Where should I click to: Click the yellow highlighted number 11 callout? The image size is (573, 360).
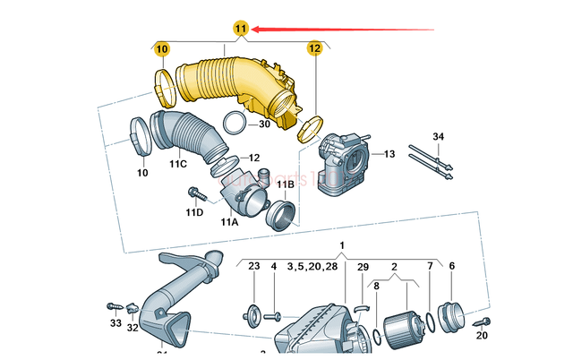tap(240, 29)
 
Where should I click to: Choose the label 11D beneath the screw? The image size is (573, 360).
tap(194, 212)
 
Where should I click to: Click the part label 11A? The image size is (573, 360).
tap(230, 221)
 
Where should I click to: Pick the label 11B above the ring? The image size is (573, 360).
tap(285, 184)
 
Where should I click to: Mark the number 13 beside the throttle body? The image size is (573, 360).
tap(389, 155)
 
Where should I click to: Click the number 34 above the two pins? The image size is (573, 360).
tap(438, 136)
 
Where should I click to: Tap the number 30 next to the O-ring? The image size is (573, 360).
tap(265, 124)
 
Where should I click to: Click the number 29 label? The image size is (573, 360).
tap(363, 267)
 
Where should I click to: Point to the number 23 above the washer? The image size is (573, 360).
tap(253, 267)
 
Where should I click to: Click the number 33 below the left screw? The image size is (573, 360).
tap(115, 322)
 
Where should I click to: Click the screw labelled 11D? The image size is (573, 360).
tap(195, 192)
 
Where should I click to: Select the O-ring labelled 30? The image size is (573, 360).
tap(235, 124)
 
